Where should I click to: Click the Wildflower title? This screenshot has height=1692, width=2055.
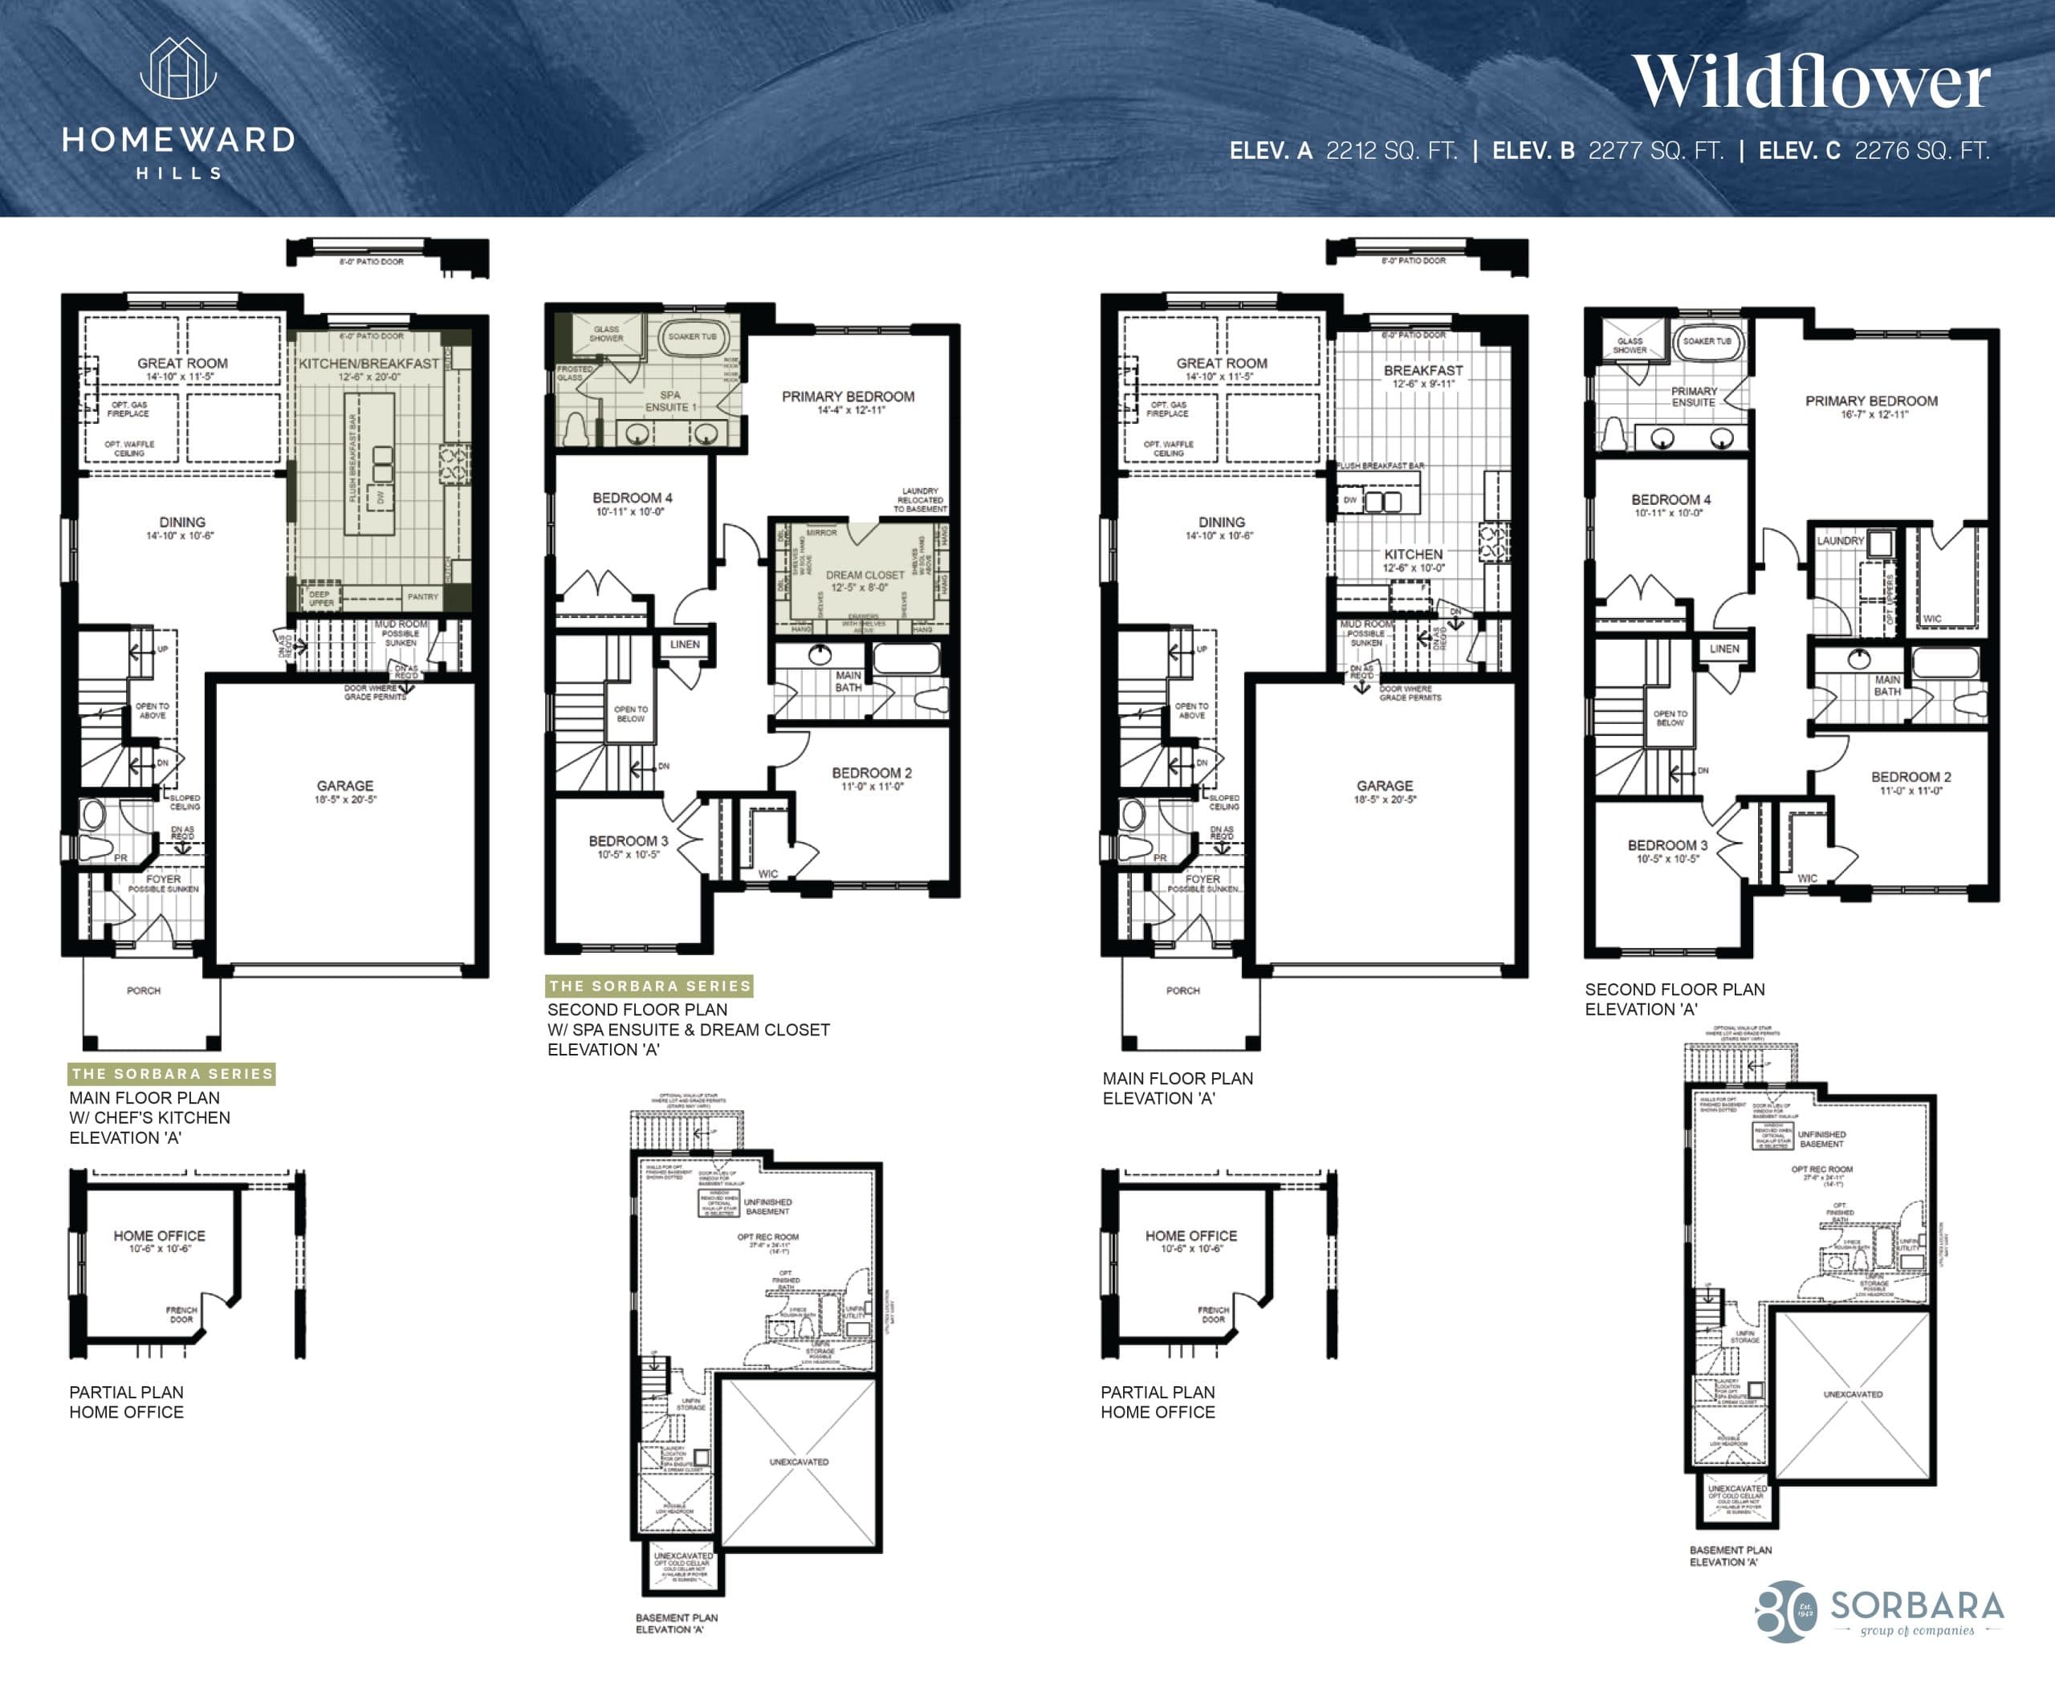coord(1810,82)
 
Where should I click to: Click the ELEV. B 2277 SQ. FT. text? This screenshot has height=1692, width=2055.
coord(1608,151)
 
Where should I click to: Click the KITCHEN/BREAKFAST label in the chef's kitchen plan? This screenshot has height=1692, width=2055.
coord(368,364)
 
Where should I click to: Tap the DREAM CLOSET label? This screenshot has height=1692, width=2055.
coord(865,575)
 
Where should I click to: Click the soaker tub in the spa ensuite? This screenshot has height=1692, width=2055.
coord(692,337)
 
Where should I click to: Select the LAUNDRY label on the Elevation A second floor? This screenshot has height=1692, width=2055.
coord(1840,541)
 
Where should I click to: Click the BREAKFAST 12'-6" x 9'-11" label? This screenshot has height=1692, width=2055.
coord(1422,376)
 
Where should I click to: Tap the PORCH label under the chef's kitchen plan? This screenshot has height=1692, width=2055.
coord(144,990)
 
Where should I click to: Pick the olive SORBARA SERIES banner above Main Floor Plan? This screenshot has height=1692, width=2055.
coord(172,1073)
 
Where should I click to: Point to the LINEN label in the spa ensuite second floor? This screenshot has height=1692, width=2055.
coord(685,645)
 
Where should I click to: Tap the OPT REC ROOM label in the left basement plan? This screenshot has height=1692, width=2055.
coord(769,1238)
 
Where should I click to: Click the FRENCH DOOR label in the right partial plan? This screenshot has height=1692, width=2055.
coord(1213,1315)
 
